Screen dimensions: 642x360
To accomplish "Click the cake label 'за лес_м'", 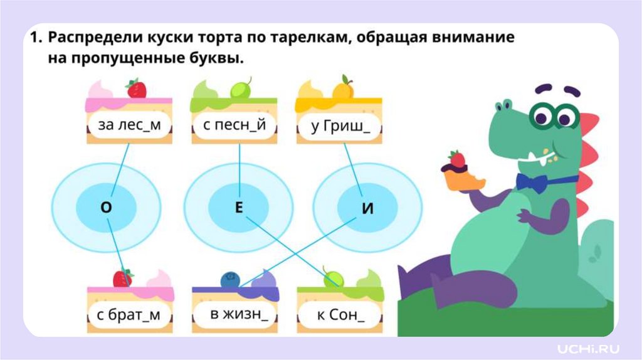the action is pyautogui.click(x=130, y=125).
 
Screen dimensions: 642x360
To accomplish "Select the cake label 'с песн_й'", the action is pyautogui.click(x=234, y=125).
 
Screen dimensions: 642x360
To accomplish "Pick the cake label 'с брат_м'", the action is pyautogui.click(x=129, y=314).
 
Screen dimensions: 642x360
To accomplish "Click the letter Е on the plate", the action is pyautogui.click(x=238, y=208).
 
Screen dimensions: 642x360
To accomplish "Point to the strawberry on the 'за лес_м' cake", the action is pyautogui.click(x=136, y=89).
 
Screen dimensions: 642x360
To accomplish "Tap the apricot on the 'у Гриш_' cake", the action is pyautogui.click(x=343, y=89).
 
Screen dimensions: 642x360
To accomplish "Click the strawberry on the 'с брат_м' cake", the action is pyautogui.click(x=122, y=277).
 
